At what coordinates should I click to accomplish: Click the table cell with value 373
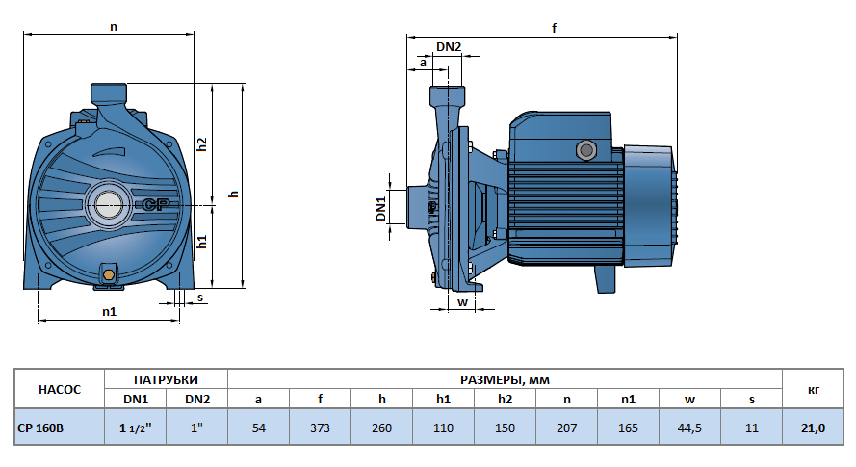click(320, 428)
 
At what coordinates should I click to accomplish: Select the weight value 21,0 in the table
click(814, 428)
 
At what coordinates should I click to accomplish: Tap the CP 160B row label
click(40, 428)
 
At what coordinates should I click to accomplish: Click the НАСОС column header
click(60, 390)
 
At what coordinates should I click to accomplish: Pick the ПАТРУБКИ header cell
click(166, 379)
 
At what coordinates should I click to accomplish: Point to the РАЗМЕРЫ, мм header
click(505, 379)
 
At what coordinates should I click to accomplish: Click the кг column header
click(814, 390)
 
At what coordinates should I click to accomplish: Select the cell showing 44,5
click(689, 428)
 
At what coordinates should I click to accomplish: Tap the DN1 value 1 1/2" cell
click(136, 428)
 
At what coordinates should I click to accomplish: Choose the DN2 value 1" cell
click(196, 428)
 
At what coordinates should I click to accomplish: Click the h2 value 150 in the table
click(505, 428)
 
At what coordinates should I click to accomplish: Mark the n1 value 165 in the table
click(628, 428)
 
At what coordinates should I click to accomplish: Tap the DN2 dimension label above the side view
click(449, 46)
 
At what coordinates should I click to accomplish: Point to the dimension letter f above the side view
click(554, 28)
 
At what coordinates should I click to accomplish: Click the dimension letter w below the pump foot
click(462, 302)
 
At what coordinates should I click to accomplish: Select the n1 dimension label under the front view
click(109, 312)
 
